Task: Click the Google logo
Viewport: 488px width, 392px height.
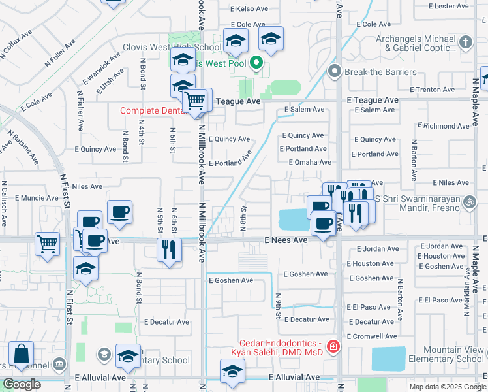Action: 21,384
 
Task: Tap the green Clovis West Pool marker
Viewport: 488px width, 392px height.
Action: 256,64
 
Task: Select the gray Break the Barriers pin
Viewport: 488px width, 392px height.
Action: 335,71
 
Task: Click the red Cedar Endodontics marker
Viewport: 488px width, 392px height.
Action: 333,346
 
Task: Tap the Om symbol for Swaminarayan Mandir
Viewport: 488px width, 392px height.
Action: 466,203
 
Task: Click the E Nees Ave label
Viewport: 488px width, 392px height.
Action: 286,240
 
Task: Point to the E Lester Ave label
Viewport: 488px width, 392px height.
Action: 449,6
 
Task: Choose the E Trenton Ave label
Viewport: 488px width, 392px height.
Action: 432,90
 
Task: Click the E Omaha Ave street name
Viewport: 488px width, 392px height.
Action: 309,162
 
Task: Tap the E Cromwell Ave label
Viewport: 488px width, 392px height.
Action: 372,336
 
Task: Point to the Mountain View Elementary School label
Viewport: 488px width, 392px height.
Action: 446,355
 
